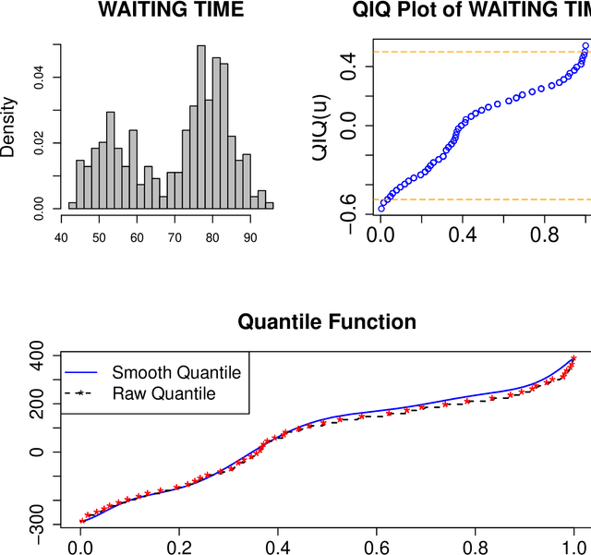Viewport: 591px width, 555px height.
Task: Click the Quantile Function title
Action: click(x=327, y=322)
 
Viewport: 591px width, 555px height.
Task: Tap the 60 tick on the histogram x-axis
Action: click(x=137, y=236)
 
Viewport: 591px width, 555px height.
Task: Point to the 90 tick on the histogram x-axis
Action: click(x=249, y=236)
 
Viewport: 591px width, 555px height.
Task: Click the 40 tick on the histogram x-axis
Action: click(x=61, y=236)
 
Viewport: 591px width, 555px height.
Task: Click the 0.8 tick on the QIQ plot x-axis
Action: click(x=543, y=235)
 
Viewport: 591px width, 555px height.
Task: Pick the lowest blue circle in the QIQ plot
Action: click(x=381, y=209)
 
